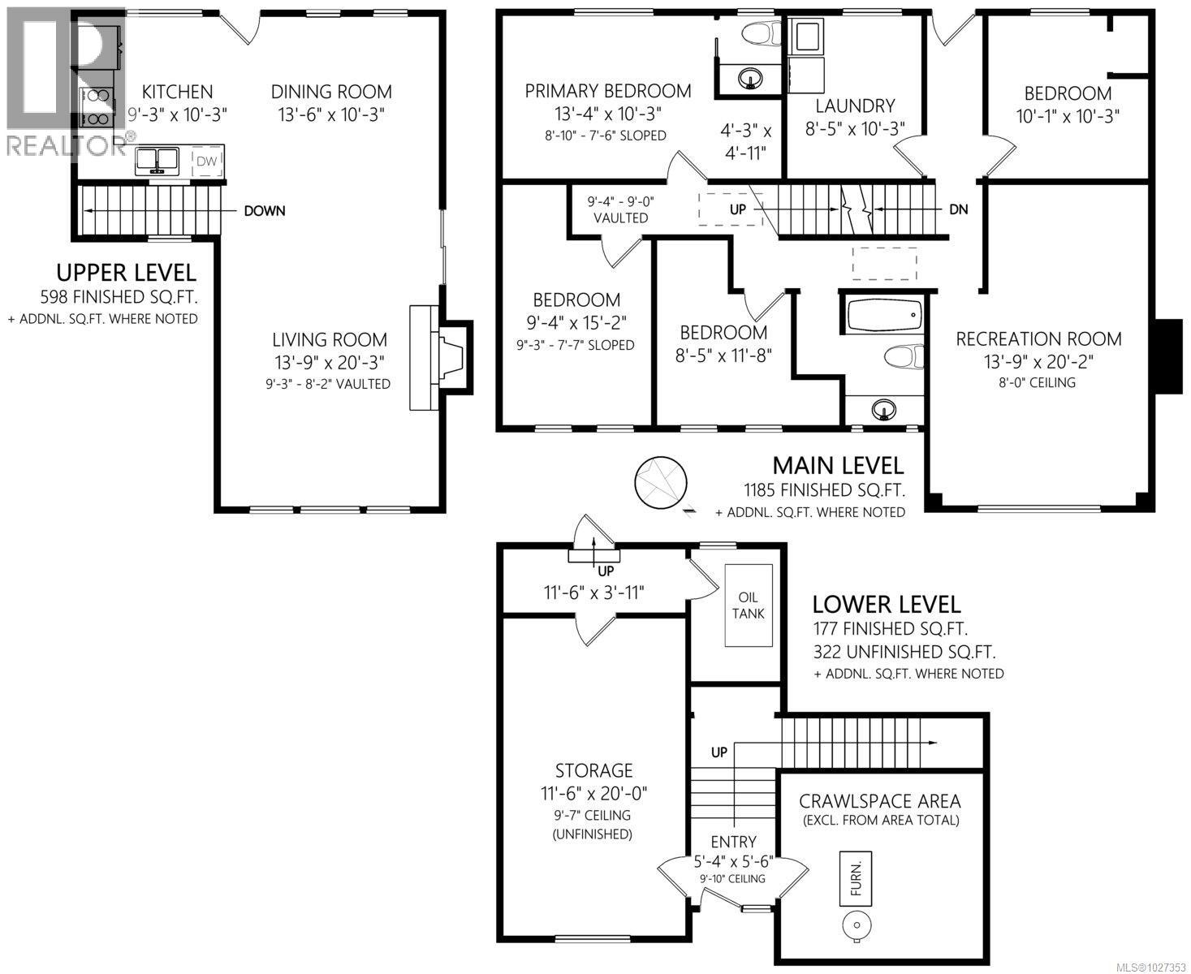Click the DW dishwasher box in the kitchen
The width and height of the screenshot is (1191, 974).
coord(208,161)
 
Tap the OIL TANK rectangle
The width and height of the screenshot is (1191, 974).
coord(748,606)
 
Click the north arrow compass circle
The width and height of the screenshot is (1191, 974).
coord(659,481)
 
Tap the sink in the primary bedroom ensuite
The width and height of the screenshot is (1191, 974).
coord(749,79)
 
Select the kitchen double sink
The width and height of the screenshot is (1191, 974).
coord(158,160)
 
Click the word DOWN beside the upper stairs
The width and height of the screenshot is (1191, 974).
coord(265,211)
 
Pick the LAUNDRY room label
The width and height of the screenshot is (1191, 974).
coord(855,106)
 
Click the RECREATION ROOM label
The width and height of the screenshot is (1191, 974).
coord(1038,339)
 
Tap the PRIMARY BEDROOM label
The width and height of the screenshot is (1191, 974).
coord(607,91)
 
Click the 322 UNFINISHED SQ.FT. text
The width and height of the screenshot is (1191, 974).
coord(904,651)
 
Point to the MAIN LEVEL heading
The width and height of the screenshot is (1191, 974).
coord(837,465)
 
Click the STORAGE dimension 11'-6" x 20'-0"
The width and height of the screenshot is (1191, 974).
coord(593,792)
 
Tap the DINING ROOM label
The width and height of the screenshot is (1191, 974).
coord(331,92)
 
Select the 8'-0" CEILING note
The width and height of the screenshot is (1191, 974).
coord(1038,382)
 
